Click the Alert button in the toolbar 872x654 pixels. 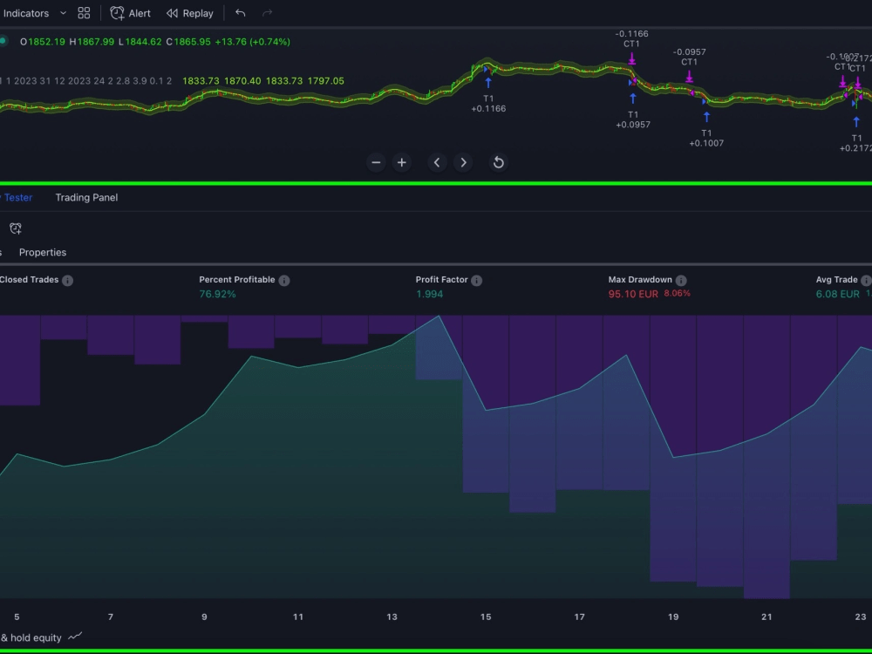coord(130,13)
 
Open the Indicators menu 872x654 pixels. coord(26,13)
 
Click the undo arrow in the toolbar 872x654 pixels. coord(241,13)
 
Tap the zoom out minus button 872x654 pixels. coord(376,162)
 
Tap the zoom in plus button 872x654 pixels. coord(401,162)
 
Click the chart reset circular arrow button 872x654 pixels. coord(498,162)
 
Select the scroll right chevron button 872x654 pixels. coord(463,162)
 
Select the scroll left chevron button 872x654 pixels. coord(437,162)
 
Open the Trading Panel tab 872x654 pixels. coord(86,197)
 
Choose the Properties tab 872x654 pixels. coord(43,252)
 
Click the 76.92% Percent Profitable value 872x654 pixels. coord(217,294)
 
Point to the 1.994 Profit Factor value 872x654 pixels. coord(429,294)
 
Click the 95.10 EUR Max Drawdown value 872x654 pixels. coord(633,294)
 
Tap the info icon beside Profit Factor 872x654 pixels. coord(476,281)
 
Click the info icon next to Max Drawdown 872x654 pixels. coord(681,281)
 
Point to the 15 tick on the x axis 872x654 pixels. coord(486,617)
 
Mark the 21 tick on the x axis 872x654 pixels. coord(766,617)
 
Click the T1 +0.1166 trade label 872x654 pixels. coord(488,103)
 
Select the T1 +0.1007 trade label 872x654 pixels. coord(706,138)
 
